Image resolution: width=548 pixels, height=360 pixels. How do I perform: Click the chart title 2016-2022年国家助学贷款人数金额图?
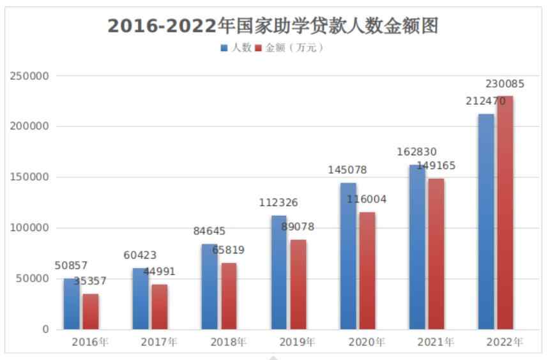click(273, 26)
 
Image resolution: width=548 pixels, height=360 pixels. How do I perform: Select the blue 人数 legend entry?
click(236, 48)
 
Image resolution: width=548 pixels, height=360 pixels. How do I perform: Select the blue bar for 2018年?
click(209, 287)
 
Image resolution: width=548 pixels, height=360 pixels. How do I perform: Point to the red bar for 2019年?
click(298, 285)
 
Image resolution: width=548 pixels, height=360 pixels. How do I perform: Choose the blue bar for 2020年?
click(348, 256)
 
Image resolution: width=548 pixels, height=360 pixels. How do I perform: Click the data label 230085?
click(505, 84)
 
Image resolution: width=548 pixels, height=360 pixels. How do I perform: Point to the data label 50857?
click(71, 266)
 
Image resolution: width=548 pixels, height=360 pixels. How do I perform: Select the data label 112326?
click(278, 203)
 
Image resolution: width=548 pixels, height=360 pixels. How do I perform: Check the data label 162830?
click(418, 152)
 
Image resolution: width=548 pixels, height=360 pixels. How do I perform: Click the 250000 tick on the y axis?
click(30, 76)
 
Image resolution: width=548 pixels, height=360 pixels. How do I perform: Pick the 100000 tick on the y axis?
click(30, 228)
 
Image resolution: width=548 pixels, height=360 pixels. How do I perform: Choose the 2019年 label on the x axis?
click(298, 342)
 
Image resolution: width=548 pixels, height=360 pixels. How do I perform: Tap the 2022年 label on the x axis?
click(505, 342)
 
